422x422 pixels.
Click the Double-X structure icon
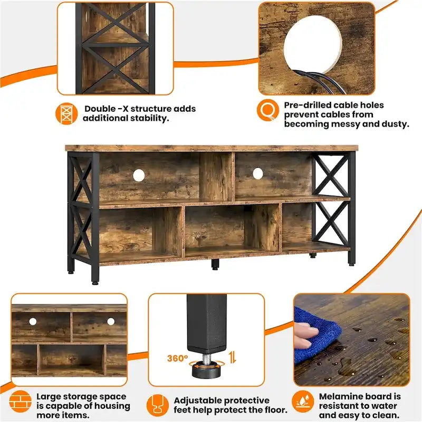pos(66,113)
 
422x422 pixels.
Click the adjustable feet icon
pos(158,404)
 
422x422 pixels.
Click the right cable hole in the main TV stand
pos(257,173)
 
